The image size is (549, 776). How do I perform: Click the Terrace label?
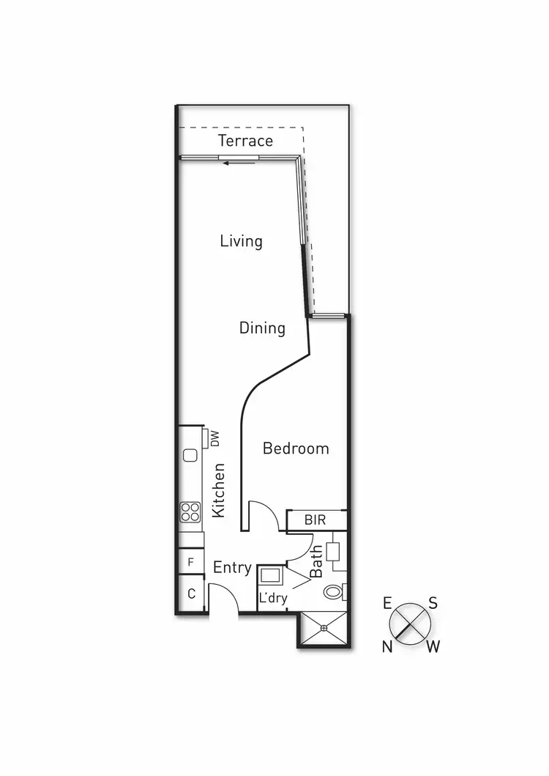pyautogui.click(x=245, y=141)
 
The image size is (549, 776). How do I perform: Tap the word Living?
pyautogui.click(x=242, y=240)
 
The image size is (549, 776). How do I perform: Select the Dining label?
pyautogui.click(x=262, y=328)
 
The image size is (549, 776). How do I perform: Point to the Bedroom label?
pyautogui.click(x=296, y=448)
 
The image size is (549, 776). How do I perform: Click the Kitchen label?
pyautogui.click(x=218, y=490)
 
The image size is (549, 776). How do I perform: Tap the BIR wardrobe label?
pyautogui.click(x=315, y=520)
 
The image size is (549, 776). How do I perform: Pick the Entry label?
pyautogui.click(x=232, y=567)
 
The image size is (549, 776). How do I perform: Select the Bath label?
pyautogui.click(x=317, y=562)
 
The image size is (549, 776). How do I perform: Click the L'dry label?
pyautogui.click(x=272, y=599)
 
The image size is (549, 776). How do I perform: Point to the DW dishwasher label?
pyautogui.click(x=215, y=439)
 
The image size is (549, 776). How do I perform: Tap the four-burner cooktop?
pyautogui.click(x=191, y=511)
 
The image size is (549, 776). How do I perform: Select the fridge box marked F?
pyautogui.click(x=191, y=562)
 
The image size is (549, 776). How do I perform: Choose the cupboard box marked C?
pyautogui.click(x=191, y=594)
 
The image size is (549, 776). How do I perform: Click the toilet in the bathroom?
pyautogui.click(x=334, y=591)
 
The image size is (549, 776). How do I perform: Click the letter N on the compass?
pyautogui.click(x=387, y=646)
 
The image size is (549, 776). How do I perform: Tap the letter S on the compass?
pyautogui.click(x=433, y=604)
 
